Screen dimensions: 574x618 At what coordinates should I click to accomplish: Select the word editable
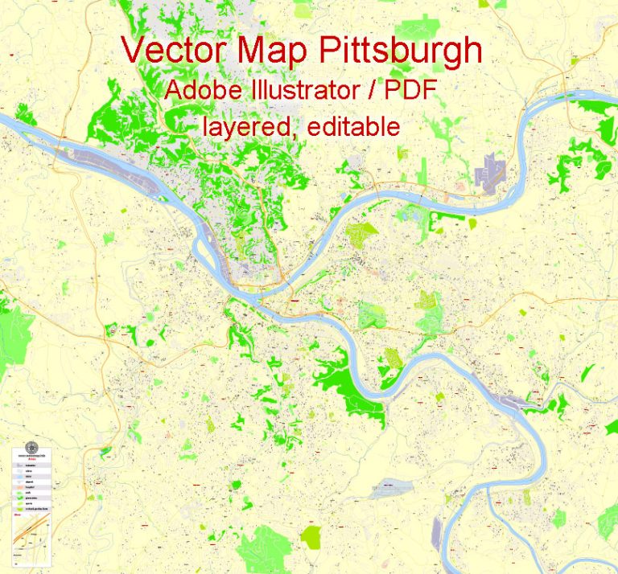point(355,126)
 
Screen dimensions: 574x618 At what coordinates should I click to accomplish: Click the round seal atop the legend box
point(32,449)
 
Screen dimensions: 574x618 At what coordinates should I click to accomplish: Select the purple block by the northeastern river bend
point(489,172)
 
